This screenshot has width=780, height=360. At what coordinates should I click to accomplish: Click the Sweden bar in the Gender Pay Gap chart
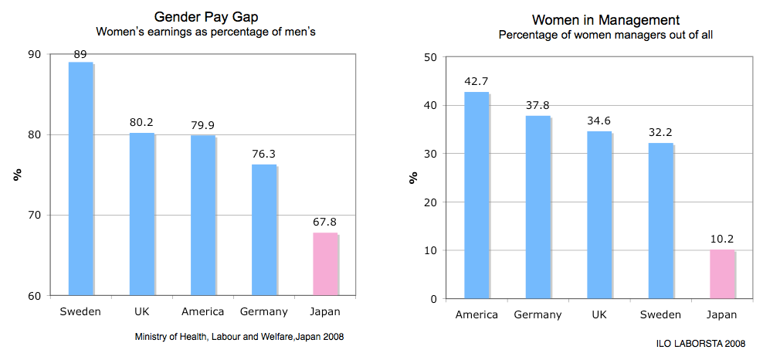80,178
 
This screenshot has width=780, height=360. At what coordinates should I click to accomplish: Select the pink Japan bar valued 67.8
324,263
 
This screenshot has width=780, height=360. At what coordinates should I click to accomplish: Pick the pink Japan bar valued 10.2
721,274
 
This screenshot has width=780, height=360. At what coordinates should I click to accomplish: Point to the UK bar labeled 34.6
599,215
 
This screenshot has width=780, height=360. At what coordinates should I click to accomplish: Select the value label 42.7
476,81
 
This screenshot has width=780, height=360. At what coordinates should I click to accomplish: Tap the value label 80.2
141,122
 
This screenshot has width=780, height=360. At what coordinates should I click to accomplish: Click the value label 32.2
660,132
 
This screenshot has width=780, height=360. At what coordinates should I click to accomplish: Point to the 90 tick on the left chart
36,54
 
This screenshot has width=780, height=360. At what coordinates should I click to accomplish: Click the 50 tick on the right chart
431,57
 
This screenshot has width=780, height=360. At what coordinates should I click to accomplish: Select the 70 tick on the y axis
36,215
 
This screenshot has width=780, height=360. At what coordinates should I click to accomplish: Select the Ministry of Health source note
239,337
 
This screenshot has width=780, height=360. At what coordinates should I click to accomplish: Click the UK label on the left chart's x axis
141,312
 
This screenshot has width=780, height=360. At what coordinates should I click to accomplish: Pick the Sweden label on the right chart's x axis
660,314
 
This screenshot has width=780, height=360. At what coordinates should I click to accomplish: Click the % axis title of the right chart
413,177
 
